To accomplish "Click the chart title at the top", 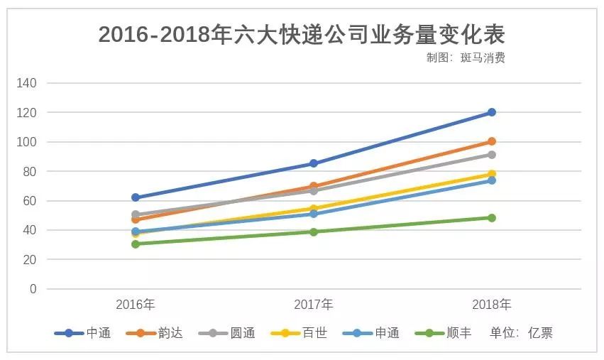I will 302,33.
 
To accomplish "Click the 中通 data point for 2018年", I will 491,112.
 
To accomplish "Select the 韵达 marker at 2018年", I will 491,141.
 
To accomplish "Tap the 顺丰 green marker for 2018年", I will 491,218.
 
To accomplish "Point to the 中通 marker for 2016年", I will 136,197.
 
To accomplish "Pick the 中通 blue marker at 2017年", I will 313,163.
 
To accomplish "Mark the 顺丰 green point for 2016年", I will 136,244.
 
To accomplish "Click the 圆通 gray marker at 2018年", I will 491,155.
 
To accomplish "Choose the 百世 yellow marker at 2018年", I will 491,174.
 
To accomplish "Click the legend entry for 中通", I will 83,333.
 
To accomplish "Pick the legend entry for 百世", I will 300,333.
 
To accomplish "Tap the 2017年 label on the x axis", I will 313,305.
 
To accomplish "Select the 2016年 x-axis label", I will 136,305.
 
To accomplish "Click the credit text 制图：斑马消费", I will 466,58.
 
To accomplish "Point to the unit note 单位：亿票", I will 522,333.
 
